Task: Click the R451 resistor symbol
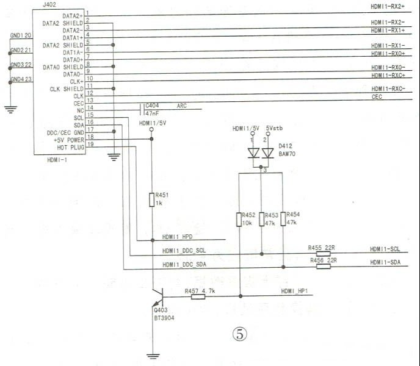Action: (151, 199)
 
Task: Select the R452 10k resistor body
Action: (239, 220)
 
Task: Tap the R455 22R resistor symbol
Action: (324, 254)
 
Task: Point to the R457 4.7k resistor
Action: (198, 296)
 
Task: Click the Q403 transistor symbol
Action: (158, 297)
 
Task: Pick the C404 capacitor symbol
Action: (142, 109)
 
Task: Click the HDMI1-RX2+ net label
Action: (388, 7)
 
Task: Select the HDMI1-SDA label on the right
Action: (385, 262)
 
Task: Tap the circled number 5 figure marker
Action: (240, 334)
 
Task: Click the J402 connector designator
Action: (49, 5)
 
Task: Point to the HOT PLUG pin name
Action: (70, 148)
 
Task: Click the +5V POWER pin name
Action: (69, 140)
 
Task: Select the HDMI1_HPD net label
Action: (177, 237)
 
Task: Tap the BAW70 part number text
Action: (287, 154)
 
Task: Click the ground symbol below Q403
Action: (153, 356)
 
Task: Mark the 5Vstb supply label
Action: (274, 128)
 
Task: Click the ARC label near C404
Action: (181, 106)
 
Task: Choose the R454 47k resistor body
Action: (283, 219)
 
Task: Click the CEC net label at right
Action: (377, 96)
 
